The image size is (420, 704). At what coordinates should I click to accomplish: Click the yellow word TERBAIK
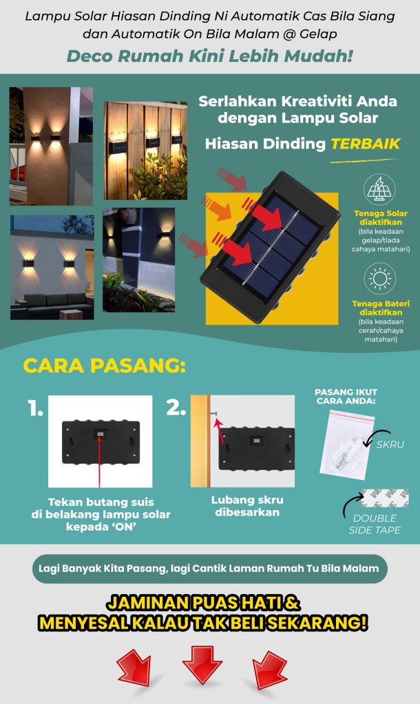point(365,144)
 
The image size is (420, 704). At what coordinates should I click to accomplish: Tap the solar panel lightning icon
point(379,190)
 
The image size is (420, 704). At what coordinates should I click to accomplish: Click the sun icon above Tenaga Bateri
point(379,279)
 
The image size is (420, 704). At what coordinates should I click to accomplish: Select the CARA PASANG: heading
point(105,366)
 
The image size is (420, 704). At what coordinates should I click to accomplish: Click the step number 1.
point(35,408)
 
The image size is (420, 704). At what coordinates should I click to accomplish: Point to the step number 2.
point(176,407)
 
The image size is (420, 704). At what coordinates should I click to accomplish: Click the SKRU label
point(390,444)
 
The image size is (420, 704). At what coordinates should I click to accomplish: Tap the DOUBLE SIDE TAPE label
point(375,524)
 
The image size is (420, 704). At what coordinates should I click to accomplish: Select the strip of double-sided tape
point(385,498)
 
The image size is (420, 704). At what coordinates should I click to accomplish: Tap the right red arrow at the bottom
point(269,669)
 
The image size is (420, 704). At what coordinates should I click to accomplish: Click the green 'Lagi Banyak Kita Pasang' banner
point(209,569)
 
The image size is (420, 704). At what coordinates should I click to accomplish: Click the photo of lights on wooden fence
point(146,151)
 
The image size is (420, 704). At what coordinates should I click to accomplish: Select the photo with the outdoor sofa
point(52,267)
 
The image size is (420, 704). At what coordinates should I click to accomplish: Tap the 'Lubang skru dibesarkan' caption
point(247,506)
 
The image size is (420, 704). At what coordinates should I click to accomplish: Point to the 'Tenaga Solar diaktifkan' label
point(381,218)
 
